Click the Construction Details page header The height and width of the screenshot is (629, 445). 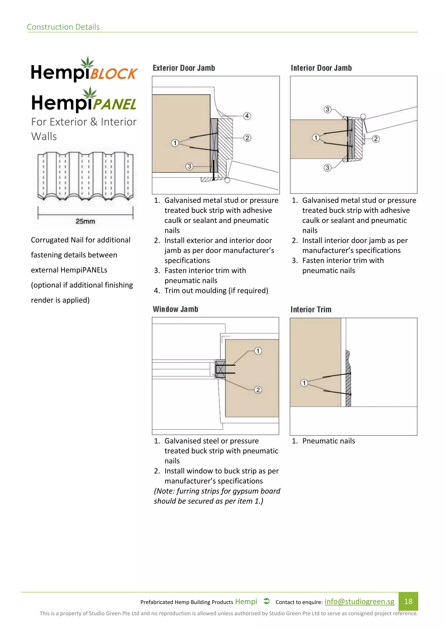tap(63, 27)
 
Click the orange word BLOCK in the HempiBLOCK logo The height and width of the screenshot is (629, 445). tap(114, 73)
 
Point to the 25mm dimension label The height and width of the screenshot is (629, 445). tap(85, 221)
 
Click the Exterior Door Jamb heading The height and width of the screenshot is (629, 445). tap(184, 68)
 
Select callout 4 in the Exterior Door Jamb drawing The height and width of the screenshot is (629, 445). tap(247, 116)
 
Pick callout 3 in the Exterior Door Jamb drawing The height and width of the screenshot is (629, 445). tap(189, 166)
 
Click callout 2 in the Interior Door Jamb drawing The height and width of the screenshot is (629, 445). tap(376, 139)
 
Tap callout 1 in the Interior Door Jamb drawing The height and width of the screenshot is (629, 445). tap(316, 137)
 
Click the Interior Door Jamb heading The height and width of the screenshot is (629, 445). tap(321, 68)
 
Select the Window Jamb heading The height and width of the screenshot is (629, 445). tap(175, 309)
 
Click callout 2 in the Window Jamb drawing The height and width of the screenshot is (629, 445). tap(258, 390)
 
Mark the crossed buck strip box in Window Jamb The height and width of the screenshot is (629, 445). tap(220, 369)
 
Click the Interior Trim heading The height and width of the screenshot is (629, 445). tap(311, 310)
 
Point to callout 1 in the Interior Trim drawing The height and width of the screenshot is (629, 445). tap(304, 383)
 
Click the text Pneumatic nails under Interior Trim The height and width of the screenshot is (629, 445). tap(328, 441)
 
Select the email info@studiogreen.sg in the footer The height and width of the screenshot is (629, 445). tap(359, 601)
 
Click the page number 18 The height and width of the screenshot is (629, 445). tap(408, 601)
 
